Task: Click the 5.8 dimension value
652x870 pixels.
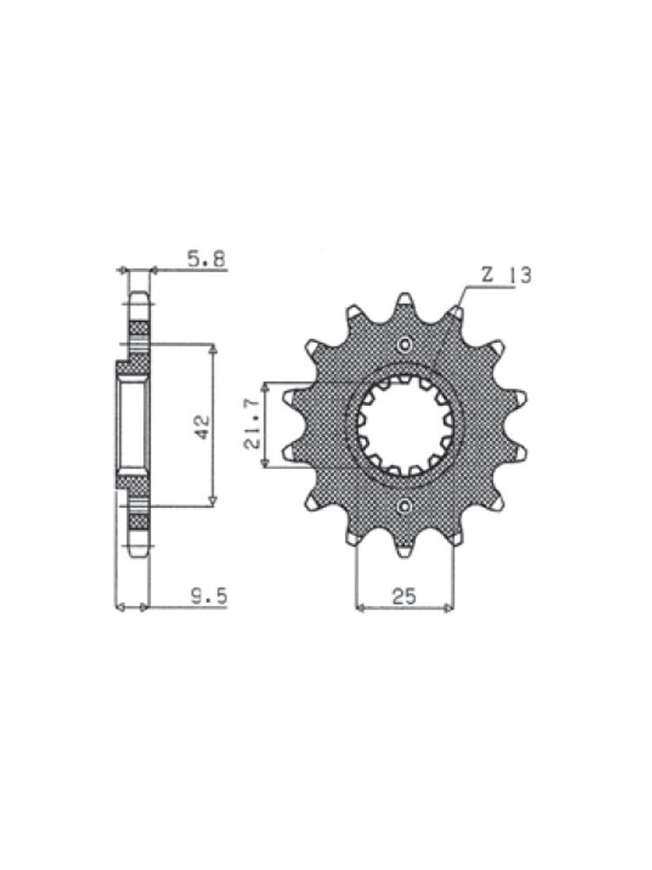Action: point(206,259)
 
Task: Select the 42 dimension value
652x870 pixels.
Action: point(202,426)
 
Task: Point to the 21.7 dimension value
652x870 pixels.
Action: point(252,425)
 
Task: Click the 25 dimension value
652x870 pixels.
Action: point(404,597)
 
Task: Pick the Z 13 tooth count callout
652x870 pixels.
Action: point(505,275)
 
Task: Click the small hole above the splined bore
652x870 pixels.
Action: point(405,345)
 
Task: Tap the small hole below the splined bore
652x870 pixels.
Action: point(405,505)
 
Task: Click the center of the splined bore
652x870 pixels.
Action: point(405,425)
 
